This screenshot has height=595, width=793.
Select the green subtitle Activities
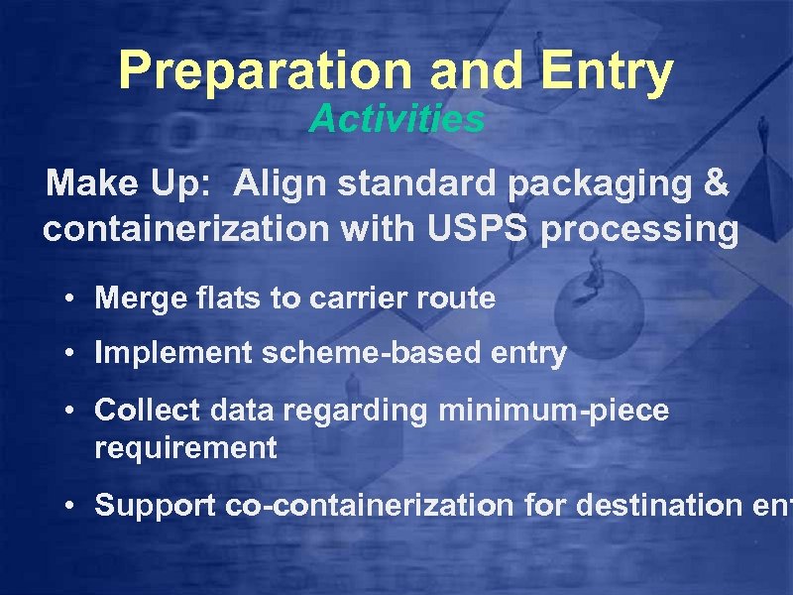[396, 120]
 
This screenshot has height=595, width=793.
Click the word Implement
[173, 354]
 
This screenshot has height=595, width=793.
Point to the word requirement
[185, 448]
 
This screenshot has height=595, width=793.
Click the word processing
[641, 230]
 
